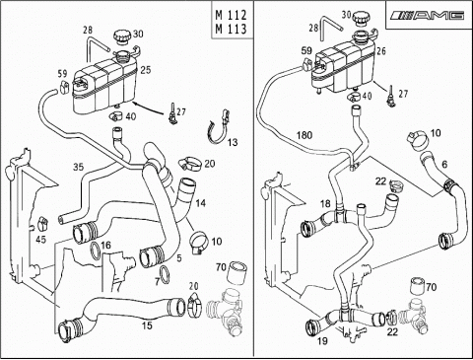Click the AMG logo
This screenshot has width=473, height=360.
point(428,15)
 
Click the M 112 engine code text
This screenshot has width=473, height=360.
point(231,15)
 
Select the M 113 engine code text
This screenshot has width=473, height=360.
point(231,29)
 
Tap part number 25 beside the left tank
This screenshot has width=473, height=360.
point(146,70)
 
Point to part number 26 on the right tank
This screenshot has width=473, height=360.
point(381,51)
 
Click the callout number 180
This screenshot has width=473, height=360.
point(304,135)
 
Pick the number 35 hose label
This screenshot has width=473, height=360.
point(78,167)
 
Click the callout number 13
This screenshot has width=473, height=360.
point(233,142)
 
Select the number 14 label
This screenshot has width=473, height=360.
point(200,203)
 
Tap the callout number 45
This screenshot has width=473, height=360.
point(40,240)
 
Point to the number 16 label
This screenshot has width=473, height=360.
point(105,245)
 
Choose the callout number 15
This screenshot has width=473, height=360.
point(147,325)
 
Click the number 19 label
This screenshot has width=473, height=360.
point(322,341)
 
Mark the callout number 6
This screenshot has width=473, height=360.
point(444,165)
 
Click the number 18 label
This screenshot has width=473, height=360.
point(325,204)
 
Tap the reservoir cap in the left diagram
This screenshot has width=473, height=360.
point(122,36)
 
